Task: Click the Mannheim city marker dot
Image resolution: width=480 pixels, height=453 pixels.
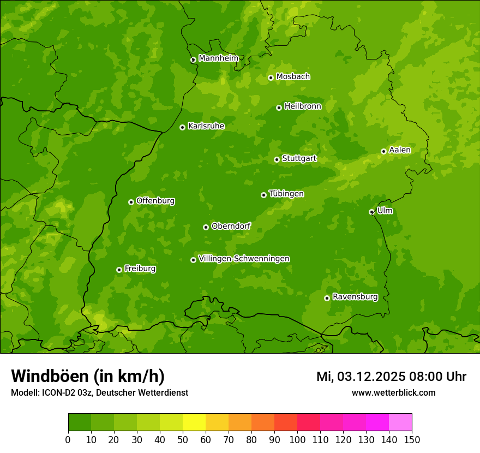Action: pos(193,60)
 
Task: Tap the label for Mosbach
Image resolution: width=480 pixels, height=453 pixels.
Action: pos(293,77)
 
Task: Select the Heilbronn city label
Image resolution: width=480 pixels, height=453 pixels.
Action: pos(303,106)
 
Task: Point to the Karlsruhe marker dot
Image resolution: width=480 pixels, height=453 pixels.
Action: pos(183,127)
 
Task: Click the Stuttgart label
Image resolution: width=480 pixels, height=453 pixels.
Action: pos(299,159)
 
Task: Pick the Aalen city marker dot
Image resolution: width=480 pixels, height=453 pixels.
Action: pos(384,151)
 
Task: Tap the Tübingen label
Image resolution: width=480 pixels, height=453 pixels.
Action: pos(286,194)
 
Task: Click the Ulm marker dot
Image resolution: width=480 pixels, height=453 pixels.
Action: pos(372,212)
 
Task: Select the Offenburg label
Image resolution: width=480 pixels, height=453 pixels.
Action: pos(155,201)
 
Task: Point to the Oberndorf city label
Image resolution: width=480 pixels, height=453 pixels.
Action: pos(231,226)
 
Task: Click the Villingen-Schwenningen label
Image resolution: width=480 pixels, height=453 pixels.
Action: pos(244,259)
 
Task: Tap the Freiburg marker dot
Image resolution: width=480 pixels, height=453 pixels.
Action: pos(119,270)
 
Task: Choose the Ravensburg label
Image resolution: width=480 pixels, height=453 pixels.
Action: pos(355,297)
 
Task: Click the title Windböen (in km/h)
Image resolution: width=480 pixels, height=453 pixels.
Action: pos(88,376)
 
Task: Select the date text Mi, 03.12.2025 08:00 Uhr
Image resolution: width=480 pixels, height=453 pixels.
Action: pos(391,377)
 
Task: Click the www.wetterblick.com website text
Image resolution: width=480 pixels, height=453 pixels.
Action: pos(393,392)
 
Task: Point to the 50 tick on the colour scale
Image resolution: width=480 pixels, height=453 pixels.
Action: pos(183,439)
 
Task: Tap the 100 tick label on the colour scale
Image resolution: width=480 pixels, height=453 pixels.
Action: pos(297,439)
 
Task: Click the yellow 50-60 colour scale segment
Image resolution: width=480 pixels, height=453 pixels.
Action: pos(194,422)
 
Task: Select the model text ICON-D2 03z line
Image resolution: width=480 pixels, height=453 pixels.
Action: pos(99,392)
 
